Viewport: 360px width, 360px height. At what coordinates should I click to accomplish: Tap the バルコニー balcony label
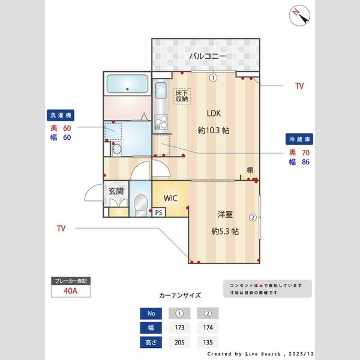click(x=208, y=56)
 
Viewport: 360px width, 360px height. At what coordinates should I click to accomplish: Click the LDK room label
click(x=214, y=113)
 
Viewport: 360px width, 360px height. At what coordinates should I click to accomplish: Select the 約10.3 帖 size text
click(x=214, y=130)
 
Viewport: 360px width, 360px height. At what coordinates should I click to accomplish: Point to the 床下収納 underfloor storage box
click(x=182, y=95)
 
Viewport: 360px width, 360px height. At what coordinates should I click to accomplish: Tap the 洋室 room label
click(x=225, y=214)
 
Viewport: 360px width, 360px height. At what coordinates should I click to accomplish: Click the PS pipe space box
click(x=158, y=212)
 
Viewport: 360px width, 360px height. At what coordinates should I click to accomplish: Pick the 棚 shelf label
click(x=250, y=170)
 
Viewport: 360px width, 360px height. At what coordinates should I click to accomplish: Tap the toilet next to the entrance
click(x=141, y=204)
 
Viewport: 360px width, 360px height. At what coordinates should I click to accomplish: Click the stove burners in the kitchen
click(x=160, y=123)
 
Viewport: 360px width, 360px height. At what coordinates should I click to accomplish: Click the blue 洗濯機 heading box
click(x=62, y=115)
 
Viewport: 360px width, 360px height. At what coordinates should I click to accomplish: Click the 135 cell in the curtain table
click(x=207, y=342)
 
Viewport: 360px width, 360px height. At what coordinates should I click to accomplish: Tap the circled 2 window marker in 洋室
click(x=253, y=217)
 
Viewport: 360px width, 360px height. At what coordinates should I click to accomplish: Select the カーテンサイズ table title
click(x=180, y=296)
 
